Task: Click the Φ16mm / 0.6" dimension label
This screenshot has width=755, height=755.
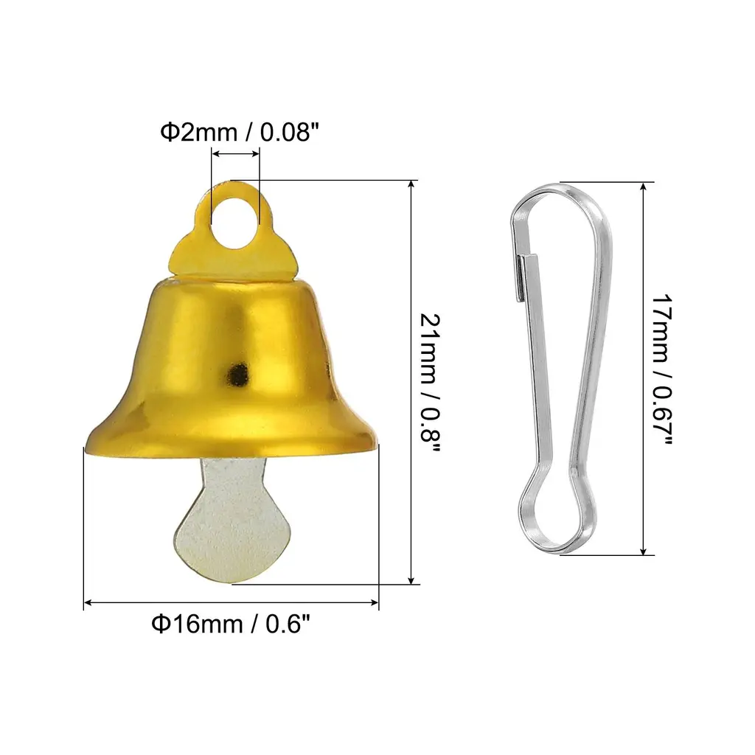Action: pos(231,624)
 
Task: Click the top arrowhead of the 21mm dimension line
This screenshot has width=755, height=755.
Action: pos(411,186)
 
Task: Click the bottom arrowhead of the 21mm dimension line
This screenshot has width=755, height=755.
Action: pos(411,579)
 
